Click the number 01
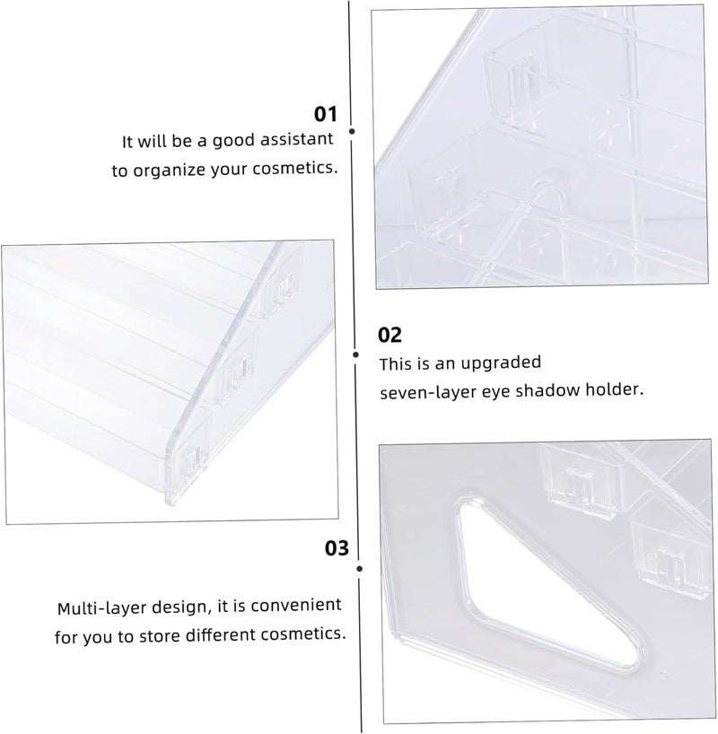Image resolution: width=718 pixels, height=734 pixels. (x=325, y=114)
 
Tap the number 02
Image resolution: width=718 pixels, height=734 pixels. (x=390, y=335)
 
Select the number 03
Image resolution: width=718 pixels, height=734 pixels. (x=337, y=547)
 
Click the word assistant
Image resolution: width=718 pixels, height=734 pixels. (x=296, y=139)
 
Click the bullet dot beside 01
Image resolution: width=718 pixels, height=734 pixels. (x=352, y=132)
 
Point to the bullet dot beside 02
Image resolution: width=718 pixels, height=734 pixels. (x=356, y=354)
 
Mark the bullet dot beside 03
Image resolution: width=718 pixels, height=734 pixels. (x=359, y=569)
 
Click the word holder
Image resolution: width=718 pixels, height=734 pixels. (x=615, y=389)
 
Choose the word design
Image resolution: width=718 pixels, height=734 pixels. (x=178, y=607)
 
